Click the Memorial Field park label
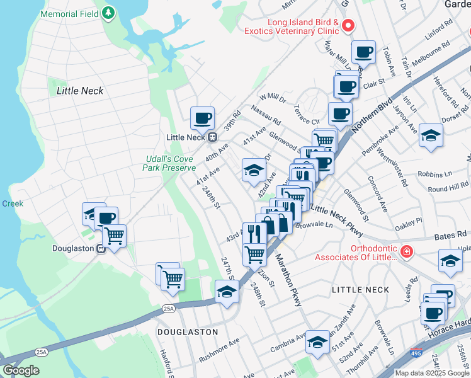click(x=69, y=13)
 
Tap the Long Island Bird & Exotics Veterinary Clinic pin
click(x=348, y=26)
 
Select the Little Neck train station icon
click(x=213, y=137)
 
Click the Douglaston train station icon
click(x=100, y=248)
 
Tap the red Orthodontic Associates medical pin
click(x=407, y=252)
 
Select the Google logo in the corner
click(x=21, y=370)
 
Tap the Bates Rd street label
click(x=448, y=237)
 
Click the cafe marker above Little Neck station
click(x=203, y=118)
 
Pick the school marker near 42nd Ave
click(x=254, y=170)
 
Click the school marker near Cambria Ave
click(x=317, y=343)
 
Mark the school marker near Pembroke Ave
click(x=431, y=135)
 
